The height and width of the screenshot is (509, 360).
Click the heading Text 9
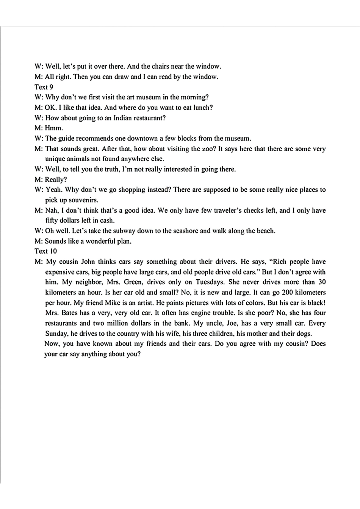pyautogui.click(x=44, y=87)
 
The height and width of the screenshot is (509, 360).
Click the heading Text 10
pyautogui.click(x=45, y=251)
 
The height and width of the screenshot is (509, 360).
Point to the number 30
pyautogui.click(x=322, y=282)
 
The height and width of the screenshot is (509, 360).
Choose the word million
pyautogui.click(x=116, y=323)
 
